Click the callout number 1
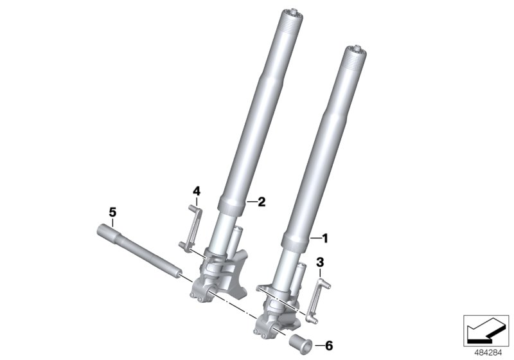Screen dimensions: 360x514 pos(325,239)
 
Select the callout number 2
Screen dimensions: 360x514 pos(261,202)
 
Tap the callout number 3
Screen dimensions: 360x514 pos(319,262)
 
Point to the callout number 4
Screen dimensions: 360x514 pos(197,190)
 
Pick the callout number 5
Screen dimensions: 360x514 pos(112,212)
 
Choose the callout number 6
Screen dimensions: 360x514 pos(330,345)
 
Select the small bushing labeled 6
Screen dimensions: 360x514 pos(299,341)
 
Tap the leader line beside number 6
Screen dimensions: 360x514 pos(317,345)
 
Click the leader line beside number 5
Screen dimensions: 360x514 pos(112,221)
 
